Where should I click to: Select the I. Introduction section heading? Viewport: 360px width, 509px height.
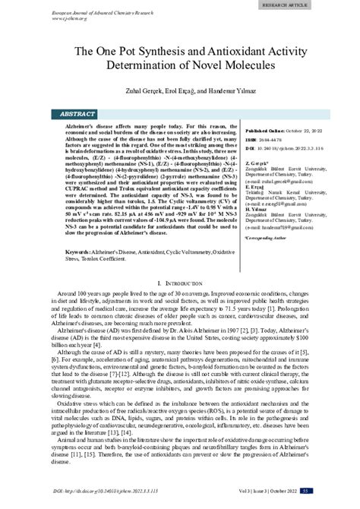pyautogui.click(x=180, y=283)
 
